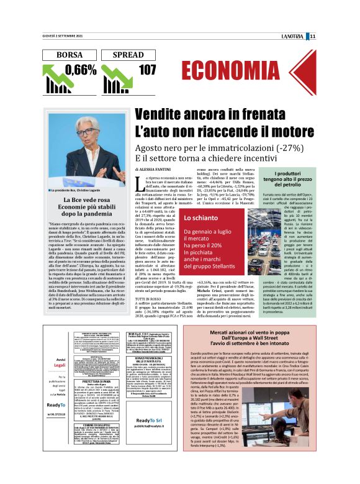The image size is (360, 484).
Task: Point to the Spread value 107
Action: [x=147, y=70]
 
